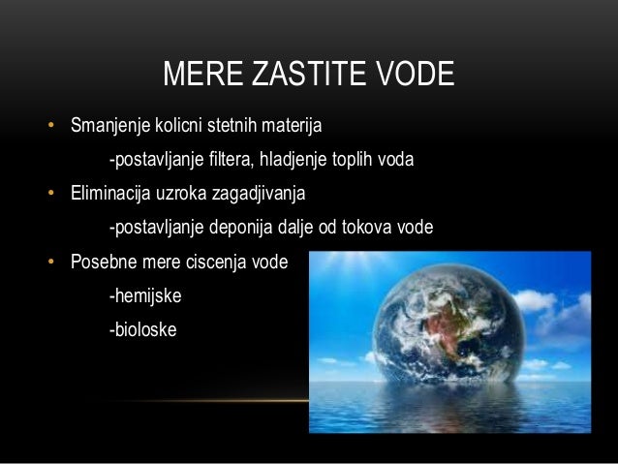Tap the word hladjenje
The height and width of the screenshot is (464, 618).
pos(294,160)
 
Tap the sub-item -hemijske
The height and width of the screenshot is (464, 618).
pos(145,295)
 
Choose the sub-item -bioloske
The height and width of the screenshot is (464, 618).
pos(143,329)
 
